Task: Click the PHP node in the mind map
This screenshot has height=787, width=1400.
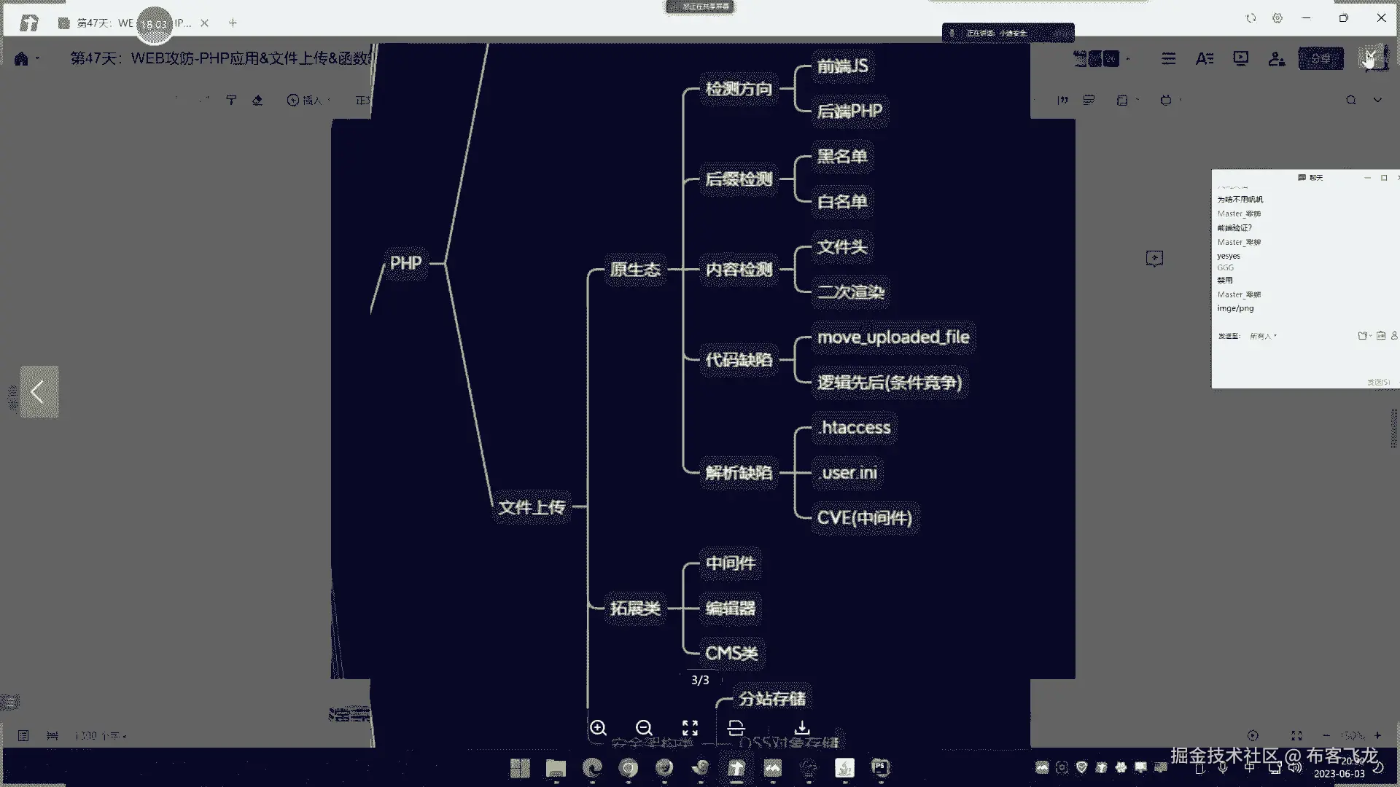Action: [405, 263]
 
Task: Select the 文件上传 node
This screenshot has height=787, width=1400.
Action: [532, 507]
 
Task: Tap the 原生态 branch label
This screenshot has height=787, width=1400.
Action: [635, 270]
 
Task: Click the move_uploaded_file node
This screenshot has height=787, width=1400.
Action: [893, 337]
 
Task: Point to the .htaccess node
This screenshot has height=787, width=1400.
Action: [855, 428]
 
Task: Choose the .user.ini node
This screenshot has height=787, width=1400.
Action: [848, 473]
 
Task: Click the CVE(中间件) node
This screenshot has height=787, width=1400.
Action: [864, 518]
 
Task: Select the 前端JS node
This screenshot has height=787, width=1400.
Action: [842, 66]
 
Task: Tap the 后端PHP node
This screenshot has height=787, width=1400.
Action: [849, 111]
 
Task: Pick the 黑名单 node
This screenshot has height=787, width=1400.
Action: [842, 157]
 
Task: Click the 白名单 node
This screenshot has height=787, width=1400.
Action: [842, 202]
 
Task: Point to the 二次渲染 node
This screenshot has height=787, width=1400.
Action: [851, 292]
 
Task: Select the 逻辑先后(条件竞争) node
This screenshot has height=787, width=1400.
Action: [890, 383]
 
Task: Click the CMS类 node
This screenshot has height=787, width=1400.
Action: [731, 654]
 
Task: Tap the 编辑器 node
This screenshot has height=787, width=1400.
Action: [730, 608]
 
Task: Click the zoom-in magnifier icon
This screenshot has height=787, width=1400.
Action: [598, 728]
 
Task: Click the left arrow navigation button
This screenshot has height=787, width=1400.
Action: [39, 392]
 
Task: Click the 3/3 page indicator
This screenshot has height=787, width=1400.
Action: [700, 680]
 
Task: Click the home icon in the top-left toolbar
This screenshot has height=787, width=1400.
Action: [21, 59]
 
